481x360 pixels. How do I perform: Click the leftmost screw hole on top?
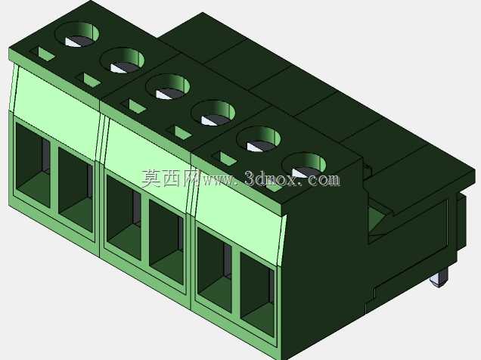point(79,34)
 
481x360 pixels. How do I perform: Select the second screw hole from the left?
point(123,61)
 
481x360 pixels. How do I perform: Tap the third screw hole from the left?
point(168,87)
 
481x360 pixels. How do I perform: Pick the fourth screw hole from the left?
point(213,113)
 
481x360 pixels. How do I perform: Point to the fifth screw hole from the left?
point(259,139)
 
